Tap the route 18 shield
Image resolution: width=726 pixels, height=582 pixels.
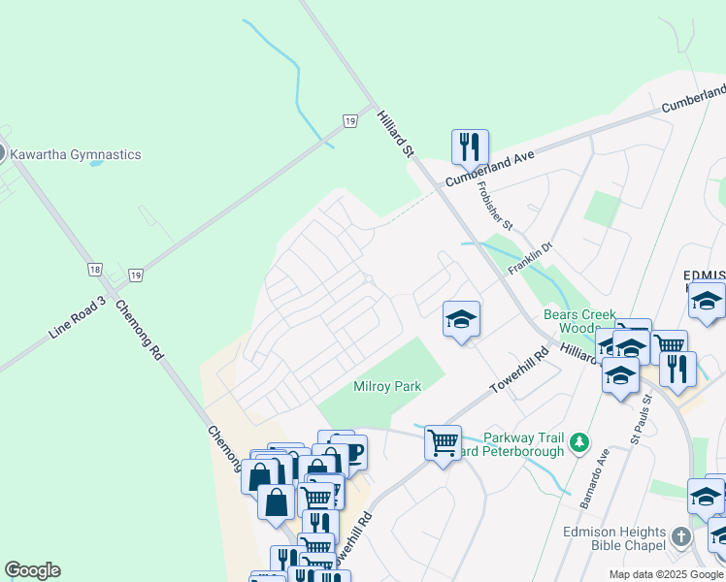[x=94, y=270]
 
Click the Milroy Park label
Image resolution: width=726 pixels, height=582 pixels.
[x=387, y=386]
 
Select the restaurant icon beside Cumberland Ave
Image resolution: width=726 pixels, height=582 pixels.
[x=470, y=147]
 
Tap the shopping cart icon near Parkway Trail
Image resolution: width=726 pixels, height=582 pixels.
[x=443, y=442]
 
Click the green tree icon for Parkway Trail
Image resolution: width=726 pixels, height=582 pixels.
[x=579, y=442]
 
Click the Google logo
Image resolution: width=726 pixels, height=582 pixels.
[x=32, y=570]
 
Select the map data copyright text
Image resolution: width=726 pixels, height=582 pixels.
[x=666, y=574]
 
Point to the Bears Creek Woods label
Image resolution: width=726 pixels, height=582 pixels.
[x=575, y=321]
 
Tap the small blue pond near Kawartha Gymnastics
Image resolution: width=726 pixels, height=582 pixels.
[x=96, y=163]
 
